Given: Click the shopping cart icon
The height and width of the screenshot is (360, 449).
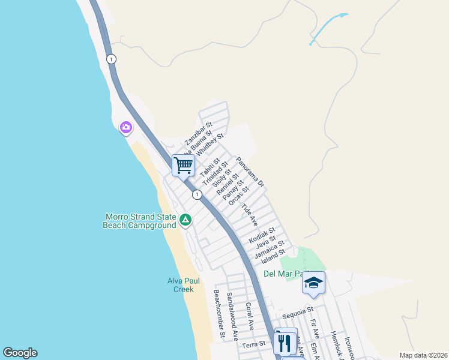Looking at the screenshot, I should coord(183,165).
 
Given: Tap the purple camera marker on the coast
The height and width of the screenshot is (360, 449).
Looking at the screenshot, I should coord(125,127).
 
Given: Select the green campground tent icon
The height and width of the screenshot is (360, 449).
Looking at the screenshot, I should coord(185,221).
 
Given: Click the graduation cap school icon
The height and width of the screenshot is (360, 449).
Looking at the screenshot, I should coord(313,283).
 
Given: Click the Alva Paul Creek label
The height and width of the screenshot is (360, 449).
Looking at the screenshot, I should coord(180,285).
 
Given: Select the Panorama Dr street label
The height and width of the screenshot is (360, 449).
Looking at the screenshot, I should coord(250,172).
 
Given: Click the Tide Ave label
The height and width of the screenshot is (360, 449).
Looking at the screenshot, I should coord(249,215).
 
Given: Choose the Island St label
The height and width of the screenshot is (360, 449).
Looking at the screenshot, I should coord(274,256).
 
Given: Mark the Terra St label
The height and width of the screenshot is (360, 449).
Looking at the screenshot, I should coord(253,346).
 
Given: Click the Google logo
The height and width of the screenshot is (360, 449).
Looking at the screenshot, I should coord(20,353).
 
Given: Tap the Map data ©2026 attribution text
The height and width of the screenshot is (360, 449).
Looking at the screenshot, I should coord(423,355).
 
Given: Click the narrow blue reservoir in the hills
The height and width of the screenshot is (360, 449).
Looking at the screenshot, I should coord(328,28).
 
